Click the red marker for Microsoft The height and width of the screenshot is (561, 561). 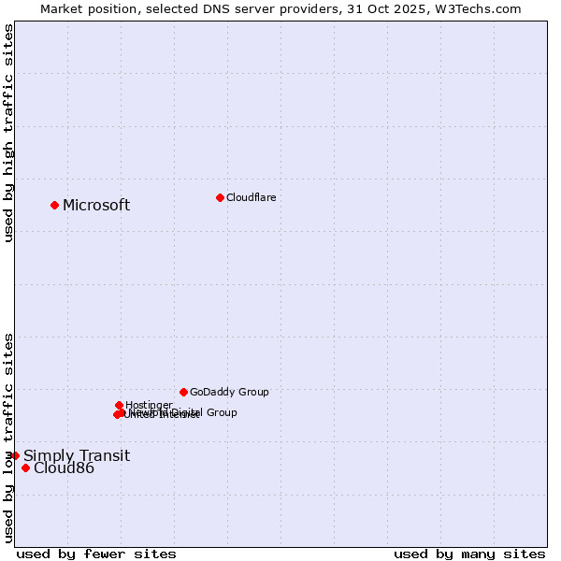pos(55,205)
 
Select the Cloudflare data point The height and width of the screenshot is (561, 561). pos(220,197)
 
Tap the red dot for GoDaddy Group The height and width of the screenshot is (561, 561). pos(183,392)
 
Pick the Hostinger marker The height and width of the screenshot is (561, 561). pos(119,405)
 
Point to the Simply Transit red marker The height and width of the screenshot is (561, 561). pos(15,455)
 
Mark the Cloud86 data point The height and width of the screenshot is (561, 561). pos(25,467)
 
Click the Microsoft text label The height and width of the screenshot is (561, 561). pos(96,206)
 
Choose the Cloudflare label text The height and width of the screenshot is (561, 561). pos(252,197)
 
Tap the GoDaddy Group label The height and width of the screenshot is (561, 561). pos(229,392)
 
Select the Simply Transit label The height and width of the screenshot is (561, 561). pos(77,456)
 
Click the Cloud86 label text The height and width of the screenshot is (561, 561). pos(64,468)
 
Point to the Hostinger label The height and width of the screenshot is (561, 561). pos(149,405)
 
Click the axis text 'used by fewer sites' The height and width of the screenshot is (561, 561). pos(96,554)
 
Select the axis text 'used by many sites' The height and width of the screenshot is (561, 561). pos(469,554)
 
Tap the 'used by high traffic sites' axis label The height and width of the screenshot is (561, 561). pos(8,134)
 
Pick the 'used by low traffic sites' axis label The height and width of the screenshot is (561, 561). pos(8,437)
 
